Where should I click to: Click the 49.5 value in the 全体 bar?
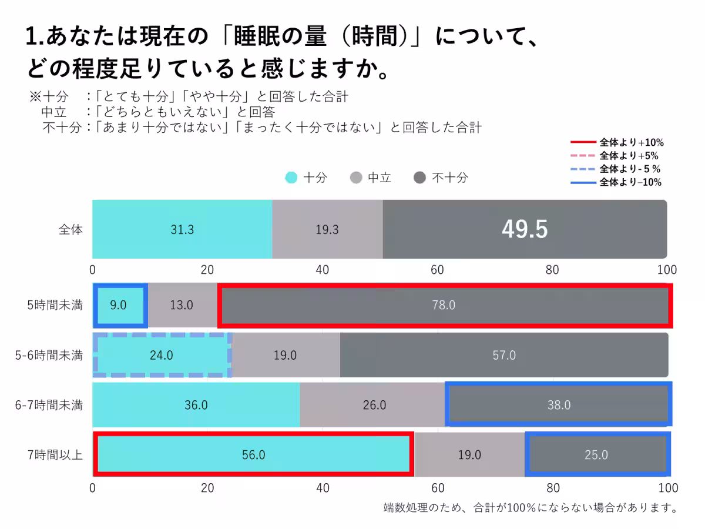pos(525,230)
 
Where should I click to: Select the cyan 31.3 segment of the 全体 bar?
pos(182,230)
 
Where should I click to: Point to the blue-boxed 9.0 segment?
pos(119,305)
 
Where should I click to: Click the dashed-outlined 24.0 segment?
pos(162,355)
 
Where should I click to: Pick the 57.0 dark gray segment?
pos(503,355)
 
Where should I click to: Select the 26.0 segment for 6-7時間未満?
pos(374,405)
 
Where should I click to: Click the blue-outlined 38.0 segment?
pos(558,405)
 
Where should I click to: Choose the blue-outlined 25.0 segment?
pos(596,455)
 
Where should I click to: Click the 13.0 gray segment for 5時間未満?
pos(182,305)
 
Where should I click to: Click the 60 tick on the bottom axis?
pos(437,488)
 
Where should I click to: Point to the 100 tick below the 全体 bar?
pos(667,270)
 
